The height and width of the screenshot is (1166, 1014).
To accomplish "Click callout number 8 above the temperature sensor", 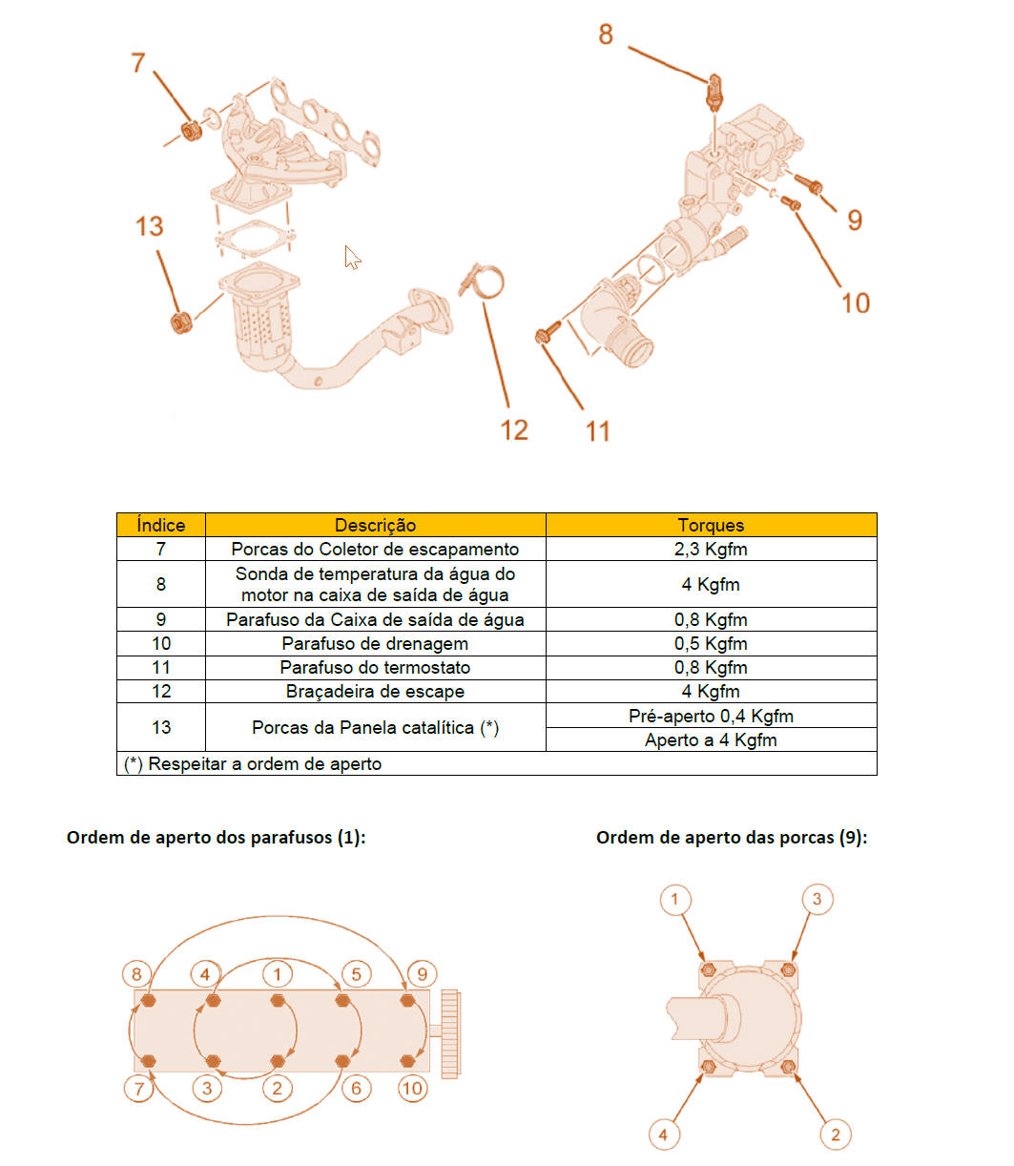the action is [605, 34].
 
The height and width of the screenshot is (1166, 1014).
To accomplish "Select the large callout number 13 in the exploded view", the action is [149, 226].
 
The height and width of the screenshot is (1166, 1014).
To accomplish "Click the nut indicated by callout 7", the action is [190, 131].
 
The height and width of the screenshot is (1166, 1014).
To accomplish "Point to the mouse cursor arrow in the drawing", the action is [352, 257].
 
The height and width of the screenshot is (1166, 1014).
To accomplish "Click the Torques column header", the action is [711, 525].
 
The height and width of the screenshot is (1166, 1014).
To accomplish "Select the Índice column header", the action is [160, 525].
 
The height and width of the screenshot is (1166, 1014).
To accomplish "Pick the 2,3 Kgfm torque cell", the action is [711, 549].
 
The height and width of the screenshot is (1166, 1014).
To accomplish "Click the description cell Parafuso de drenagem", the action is [375, 643].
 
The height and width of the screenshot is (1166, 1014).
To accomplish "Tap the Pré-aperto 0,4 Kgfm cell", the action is [711, 716].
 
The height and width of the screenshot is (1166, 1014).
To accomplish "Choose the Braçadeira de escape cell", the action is [375, 691].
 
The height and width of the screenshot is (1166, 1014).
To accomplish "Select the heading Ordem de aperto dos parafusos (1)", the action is [216, 837].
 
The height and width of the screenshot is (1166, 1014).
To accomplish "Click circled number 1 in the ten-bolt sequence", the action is [278, 974].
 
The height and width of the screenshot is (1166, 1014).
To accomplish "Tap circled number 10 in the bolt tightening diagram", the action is [412, 1089].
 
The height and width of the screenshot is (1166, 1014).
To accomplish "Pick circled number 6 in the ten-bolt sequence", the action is [357, 1089].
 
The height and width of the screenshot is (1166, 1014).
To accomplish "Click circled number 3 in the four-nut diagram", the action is [817, 899].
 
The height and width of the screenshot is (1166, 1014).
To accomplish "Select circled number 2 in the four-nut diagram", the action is [835, 1135].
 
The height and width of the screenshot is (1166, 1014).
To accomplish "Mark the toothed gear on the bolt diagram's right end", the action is [450, 1034].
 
